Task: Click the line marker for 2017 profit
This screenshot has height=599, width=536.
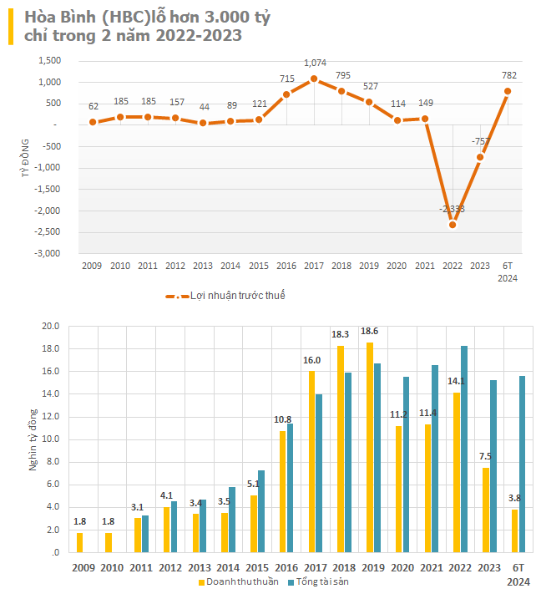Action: (314, 79)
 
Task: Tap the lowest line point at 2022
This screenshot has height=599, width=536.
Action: (453, 224)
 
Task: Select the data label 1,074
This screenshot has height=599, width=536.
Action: (315, 63)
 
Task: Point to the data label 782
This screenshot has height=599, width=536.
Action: (508, 76)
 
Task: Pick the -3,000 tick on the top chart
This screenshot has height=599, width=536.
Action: (50, 252)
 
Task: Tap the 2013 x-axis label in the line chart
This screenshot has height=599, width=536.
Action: (203, 266)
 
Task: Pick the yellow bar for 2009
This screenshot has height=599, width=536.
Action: (80, 542)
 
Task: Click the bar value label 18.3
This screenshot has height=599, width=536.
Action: (340, 334)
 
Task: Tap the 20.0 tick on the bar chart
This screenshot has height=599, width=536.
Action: (51, 326)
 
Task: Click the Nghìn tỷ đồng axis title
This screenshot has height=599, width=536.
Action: (33, 438)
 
